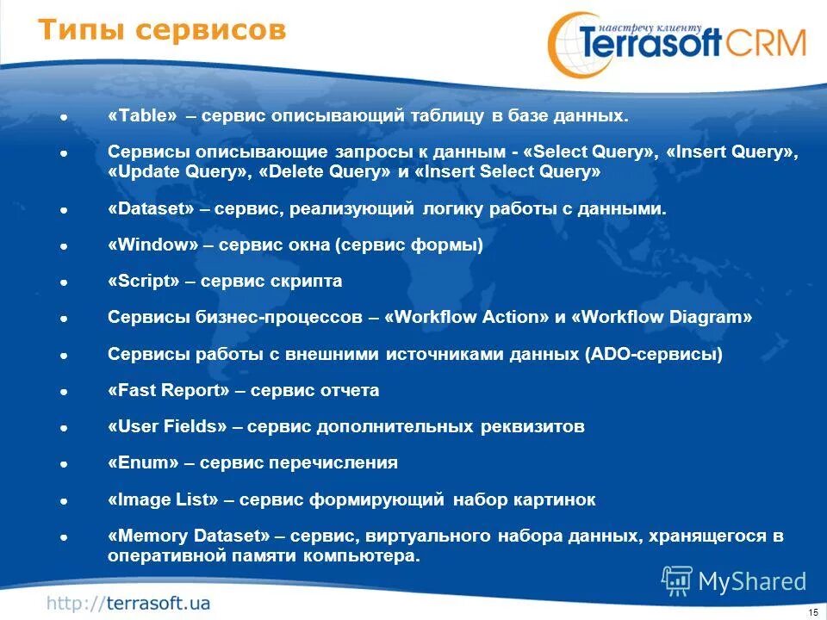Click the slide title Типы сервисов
tap(162, 31)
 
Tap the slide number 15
tap(812, 611)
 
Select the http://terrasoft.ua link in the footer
tap(128, 602)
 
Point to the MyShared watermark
tap(735, 581)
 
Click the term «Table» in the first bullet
tap(142, 115)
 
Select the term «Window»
tap(153, 245)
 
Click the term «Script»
tap(143, 282)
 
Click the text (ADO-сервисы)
tap(654, 354)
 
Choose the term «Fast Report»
tap(169, 391)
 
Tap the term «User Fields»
tap(167, 427)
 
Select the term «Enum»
tap(143, 463)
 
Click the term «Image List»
tap(165, 500)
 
